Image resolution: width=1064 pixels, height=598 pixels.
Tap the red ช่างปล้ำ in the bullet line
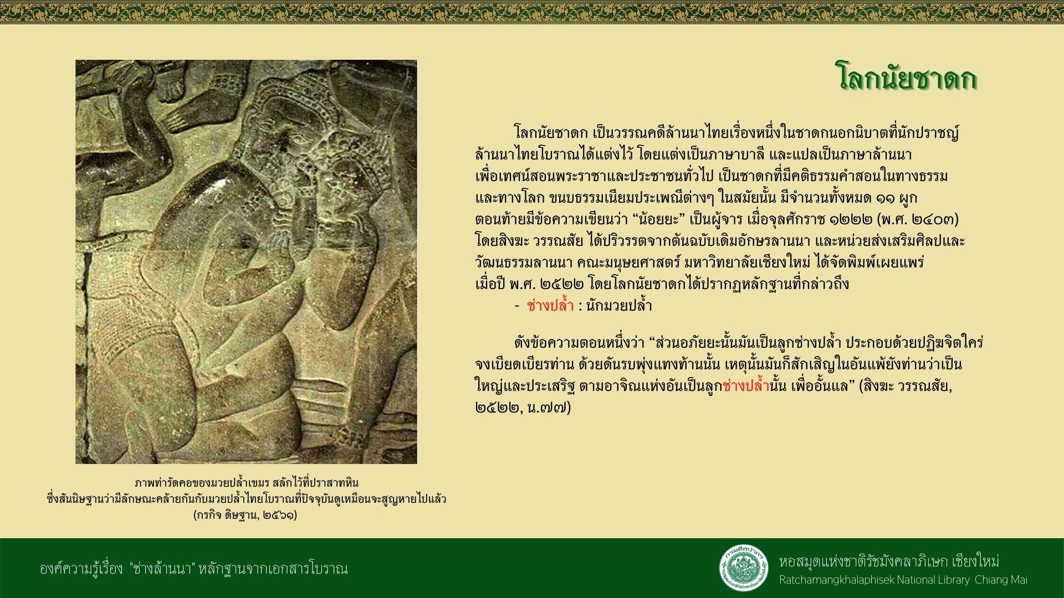[x=550, y=305]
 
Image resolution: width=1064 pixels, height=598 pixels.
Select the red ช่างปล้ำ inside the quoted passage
[x=747, y=385]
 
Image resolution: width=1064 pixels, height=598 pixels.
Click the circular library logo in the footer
[x=744, y=568]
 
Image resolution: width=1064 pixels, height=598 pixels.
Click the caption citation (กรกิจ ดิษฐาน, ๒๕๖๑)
[x=245, y=515]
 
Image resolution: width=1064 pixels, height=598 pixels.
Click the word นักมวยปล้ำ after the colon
[x=619, y=305]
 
